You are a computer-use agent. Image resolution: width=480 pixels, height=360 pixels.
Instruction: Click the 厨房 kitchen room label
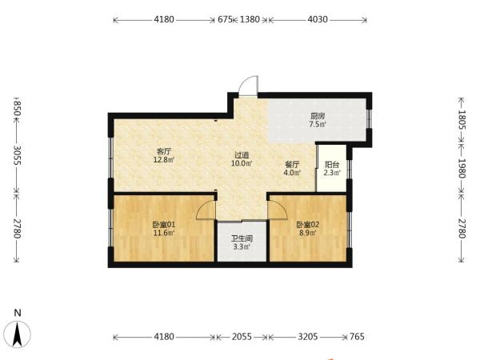tap(318, 116)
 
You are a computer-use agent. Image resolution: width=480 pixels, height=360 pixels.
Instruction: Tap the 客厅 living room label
tap(164, 151)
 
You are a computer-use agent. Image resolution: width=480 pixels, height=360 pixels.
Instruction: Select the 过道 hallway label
tap(242, 155)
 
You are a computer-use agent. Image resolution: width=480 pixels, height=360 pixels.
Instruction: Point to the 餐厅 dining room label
tap(292, 165)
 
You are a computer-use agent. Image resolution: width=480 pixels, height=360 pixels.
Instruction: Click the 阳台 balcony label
tap(332, 165)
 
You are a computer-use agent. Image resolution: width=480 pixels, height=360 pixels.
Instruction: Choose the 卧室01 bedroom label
tap(164, 225)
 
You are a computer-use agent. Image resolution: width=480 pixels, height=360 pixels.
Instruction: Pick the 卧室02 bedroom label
tap(308, 225)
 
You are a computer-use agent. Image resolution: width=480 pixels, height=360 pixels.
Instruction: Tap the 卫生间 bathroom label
tap(242, 238)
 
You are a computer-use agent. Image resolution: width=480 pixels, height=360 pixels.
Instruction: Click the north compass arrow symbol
tap(18, 334)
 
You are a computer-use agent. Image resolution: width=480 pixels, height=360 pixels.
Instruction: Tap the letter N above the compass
tap(18, 313)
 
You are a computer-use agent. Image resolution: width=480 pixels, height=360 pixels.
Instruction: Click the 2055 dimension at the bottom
tap(242, 337)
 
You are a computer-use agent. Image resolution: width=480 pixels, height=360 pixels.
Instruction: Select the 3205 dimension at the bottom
tap(308, 337)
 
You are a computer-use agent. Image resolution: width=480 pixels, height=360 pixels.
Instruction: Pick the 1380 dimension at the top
tap(250, 19)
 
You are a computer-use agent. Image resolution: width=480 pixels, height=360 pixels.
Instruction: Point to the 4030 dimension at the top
tap(318, 19)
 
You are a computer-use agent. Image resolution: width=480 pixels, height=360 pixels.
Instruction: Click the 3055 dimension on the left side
tap(17, 155)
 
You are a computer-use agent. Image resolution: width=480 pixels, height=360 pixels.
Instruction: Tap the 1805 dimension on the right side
tap(462, 120)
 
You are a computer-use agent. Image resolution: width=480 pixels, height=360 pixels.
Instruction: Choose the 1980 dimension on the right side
tap(462, 168)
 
